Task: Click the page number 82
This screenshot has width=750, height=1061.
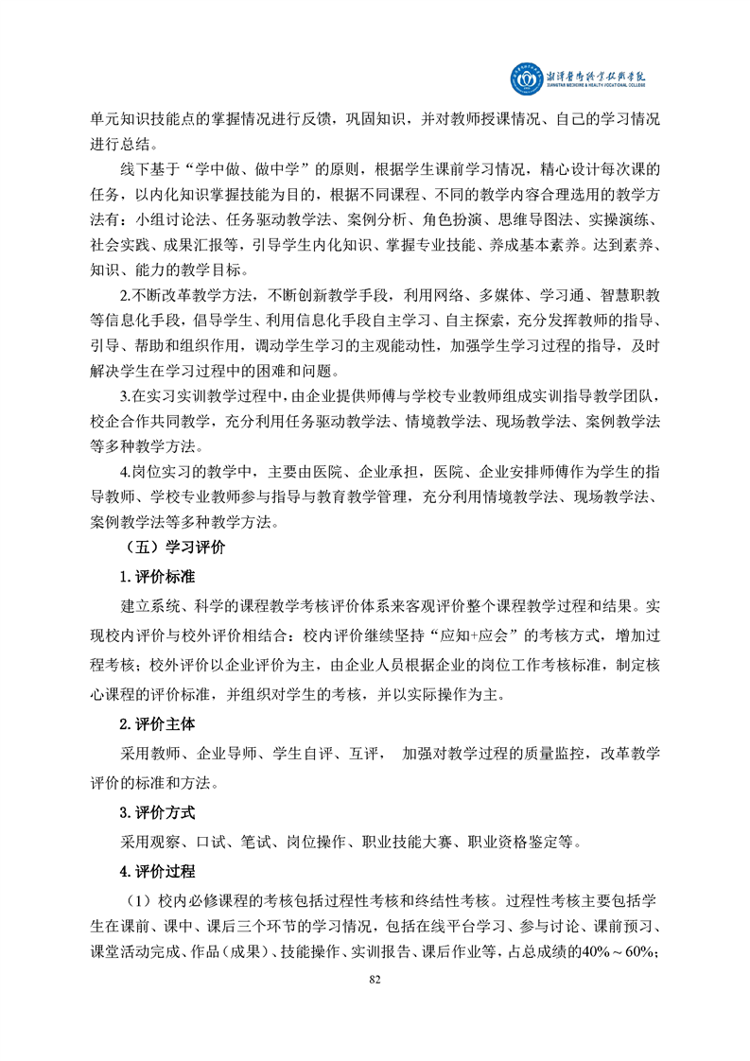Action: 375,979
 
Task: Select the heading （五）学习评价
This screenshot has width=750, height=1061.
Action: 175,547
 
